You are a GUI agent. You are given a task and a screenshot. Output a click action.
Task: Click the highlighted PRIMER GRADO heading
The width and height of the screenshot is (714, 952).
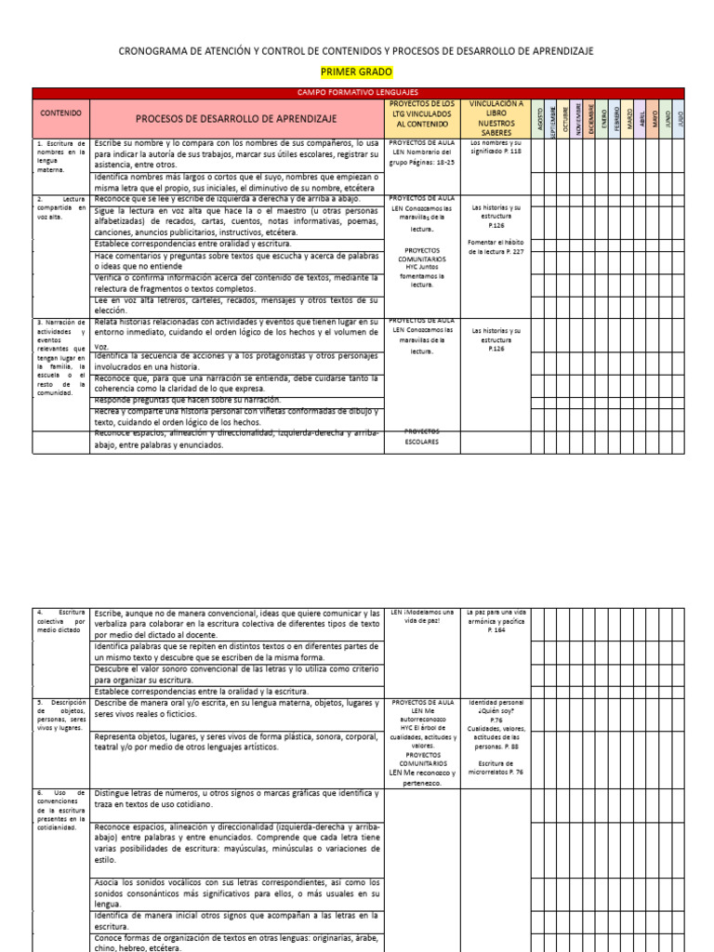coord(357,72)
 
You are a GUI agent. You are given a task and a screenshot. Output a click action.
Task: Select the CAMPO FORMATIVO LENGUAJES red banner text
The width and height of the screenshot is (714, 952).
coord(357,93)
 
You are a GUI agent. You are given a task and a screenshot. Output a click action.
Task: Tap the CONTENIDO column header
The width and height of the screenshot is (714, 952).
coord(61,112)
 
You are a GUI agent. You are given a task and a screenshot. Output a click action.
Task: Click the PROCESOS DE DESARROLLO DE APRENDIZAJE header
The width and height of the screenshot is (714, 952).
coord(236,119)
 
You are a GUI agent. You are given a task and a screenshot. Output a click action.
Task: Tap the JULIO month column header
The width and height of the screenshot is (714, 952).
coord(681,119)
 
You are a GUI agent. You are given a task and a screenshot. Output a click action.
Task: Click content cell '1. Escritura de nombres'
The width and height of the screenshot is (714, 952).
coord(61,157)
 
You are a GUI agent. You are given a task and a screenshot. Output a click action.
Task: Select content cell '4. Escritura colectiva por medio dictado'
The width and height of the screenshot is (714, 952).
coord(61,627)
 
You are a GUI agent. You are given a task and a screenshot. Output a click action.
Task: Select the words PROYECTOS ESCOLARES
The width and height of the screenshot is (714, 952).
coord(422,437)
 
